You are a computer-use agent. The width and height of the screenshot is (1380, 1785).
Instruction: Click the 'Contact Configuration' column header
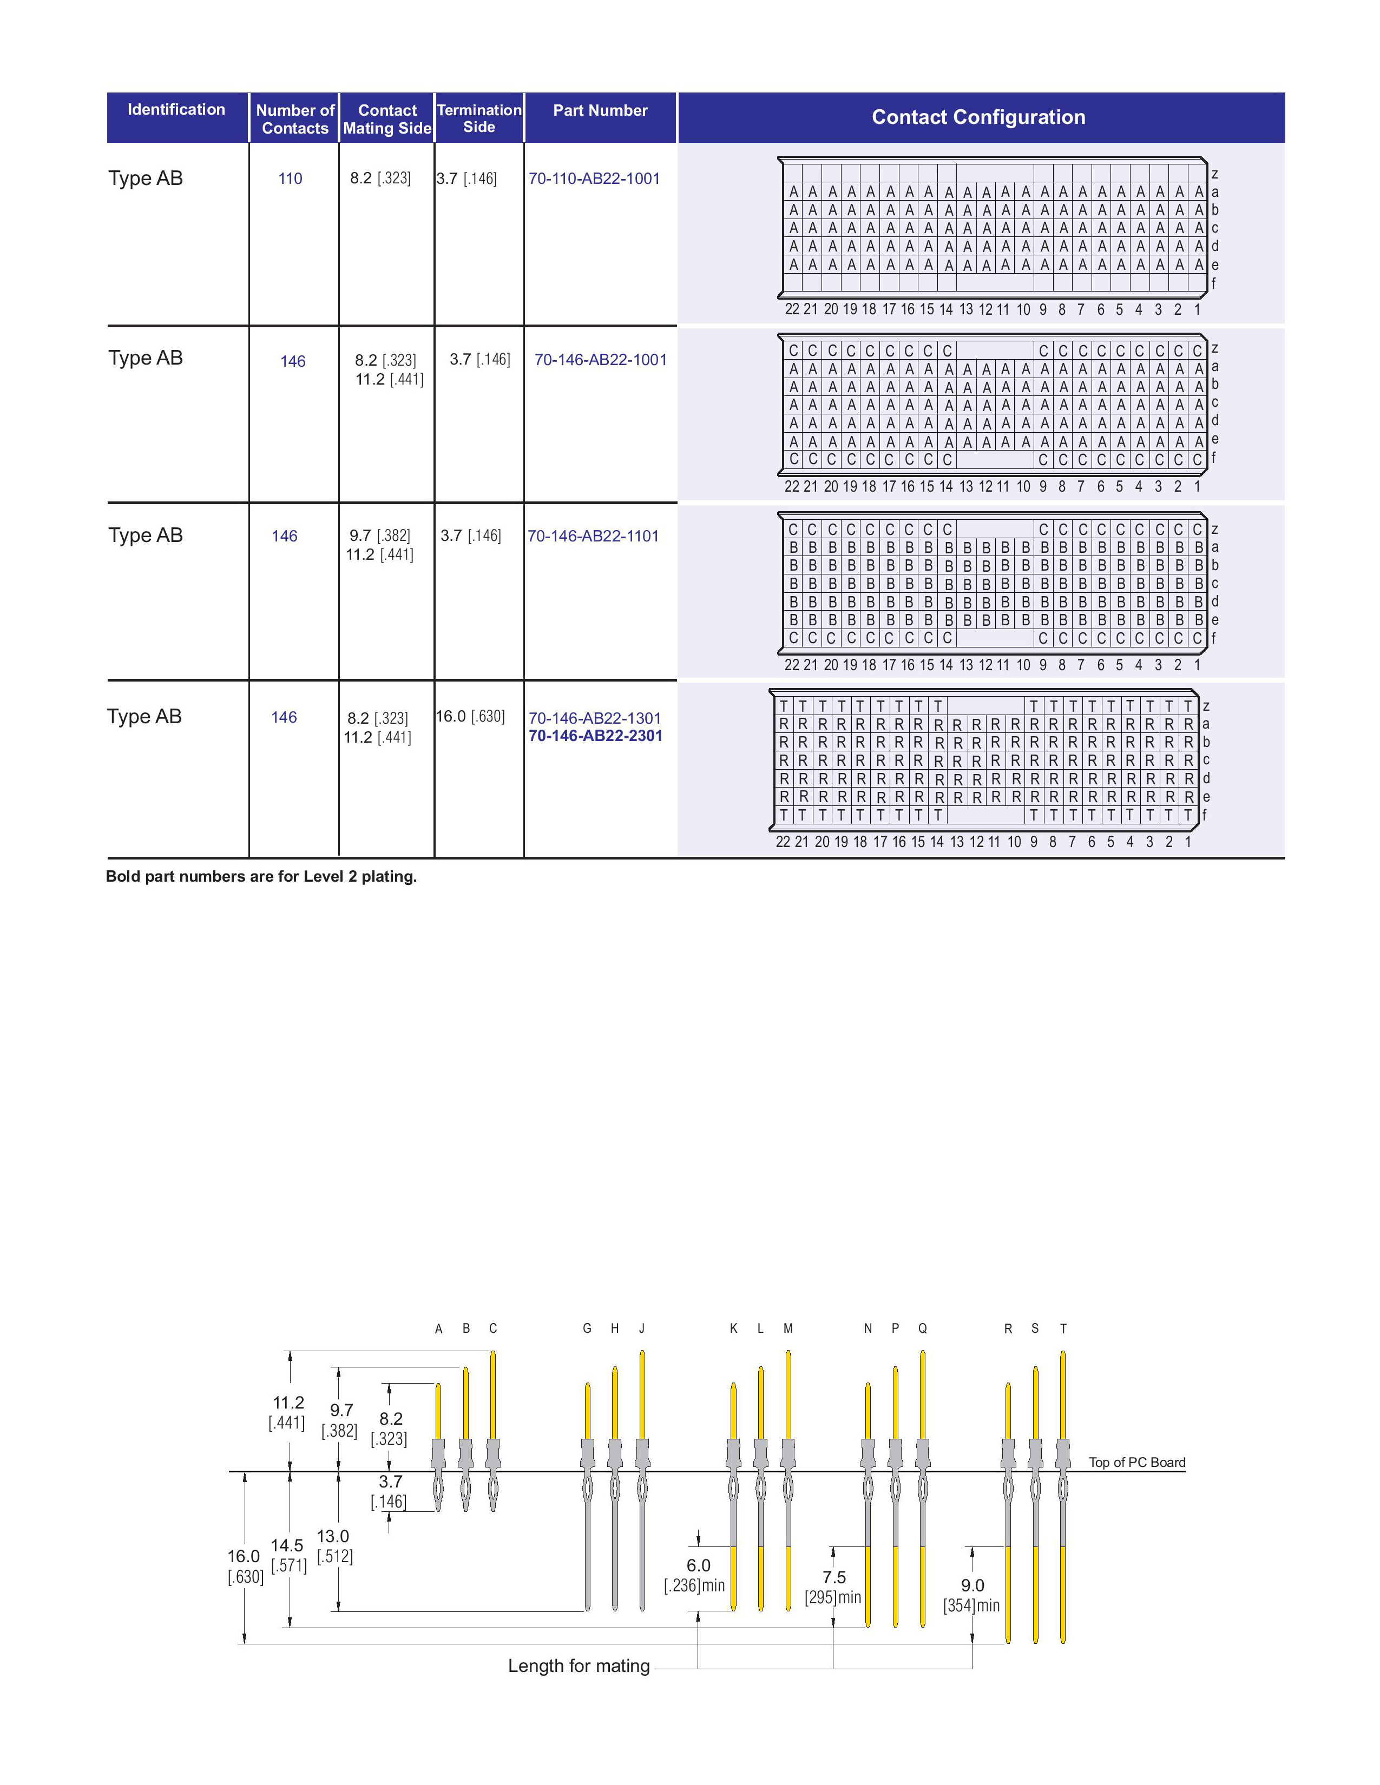click(x=978, y=118)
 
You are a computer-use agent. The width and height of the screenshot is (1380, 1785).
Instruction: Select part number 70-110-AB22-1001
click(x=594, y=179)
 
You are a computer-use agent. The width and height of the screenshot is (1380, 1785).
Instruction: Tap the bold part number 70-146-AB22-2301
click(x=595, y=736)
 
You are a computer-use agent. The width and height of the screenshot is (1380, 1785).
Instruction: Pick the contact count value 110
click(x=290, y=179)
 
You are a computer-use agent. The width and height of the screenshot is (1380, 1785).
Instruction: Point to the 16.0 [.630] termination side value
click(x=470, y=717)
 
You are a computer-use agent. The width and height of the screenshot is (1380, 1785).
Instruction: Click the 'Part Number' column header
click(x=600, y=111)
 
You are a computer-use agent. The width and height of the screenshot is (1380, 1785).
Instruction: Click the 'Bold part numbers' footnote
click(x=261, y=877)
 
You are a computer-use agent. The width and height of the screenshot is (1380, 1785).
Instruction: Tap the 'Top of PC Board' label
click(x=1136, y=1462)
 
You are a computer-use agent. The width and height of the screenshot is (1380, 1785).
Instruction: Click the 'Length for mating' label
click(x=579, y=1665)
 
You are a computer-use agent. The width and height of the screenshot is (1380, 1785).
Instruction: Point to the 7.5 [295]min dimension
click(x=833, y=1587)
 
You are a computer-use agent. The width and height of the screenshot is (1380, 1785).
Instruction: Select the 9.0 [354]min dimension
click(x=971, y=1595)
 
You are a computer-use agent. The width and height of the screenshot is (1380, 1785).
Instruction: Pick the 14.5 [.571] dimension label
click(x=288, y=1555)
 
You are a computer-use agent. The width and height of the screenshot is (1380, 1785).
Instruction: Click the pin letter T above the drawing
click(x=1063, y=1329)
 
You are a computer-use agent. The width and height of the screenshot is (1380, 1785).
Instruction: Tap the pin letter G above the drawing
click(x=587, y=1329)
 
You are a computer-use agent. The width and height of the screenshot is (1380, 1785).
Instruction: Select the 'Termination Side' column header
click(x=479, y=118)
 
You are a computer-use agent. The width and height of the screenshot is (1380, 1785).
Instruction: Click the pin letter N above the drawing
click(x=868, y=1329)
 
